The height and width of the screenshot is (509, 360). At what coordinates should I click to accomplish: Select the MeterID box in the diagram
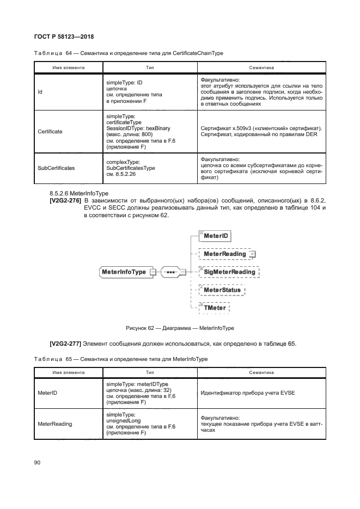click(216, 236)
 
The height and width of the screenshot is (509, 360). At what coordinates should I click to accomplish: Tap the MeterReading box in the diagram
click(224, 254)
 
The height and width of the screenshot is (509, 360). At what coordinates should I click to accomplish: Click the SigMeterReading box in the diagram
click(229, 272)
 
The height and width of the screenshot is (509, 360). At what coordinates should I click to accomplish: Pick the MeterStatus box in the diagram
click(222, 290)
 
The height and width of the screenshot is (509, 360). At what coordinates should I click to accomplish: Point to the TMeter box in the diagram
click(215, 308)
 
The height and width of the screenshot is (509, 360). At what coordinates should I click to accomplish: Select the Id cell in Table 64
click(40, 92)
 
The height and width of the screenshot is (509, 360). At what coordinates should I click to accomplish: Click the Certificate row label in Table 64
click(50, 131)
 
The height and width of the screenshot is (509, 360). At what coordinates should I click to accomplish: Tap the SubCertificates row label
click(56, 168)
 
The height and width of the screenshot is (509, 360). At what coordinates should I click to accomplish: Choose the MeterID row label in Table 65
click(46, 393)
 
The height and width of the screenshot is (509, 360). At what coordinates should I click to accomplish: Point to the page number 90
click(38, 462)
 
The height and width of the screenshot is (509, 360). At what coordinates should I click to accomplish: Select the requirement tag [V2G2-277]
click(65, 344)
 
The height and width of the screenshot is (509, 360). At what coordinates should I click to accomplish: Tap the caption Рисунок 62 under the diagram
click(180, 328)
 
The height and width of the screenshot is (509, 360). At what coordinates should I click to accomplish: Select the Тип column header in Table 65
click(150, 373)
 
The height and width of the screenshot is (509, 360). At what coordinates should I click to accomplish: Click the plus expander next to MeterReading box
click(252, 254)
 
